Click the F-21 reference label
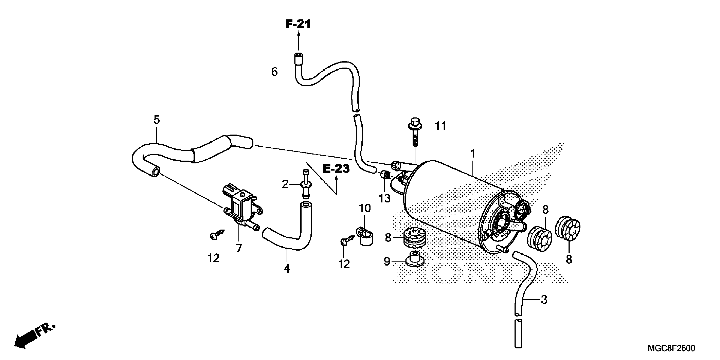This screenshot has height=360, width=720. (x=298, y=24)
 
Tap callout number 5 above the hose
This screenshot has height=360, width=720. (x=156, y=120)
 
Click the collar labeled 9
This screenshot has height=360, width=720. (x=415, y=259)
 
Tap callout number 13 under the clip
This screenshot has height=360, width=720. (x=384, y=198)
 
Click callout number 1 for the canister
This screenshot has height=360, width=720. (x=473, y=154)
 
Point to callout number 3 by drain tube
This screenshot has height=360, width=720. (x=544, y=300)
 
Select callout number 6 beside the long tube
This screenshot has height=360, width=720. (x=274, y=72)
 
